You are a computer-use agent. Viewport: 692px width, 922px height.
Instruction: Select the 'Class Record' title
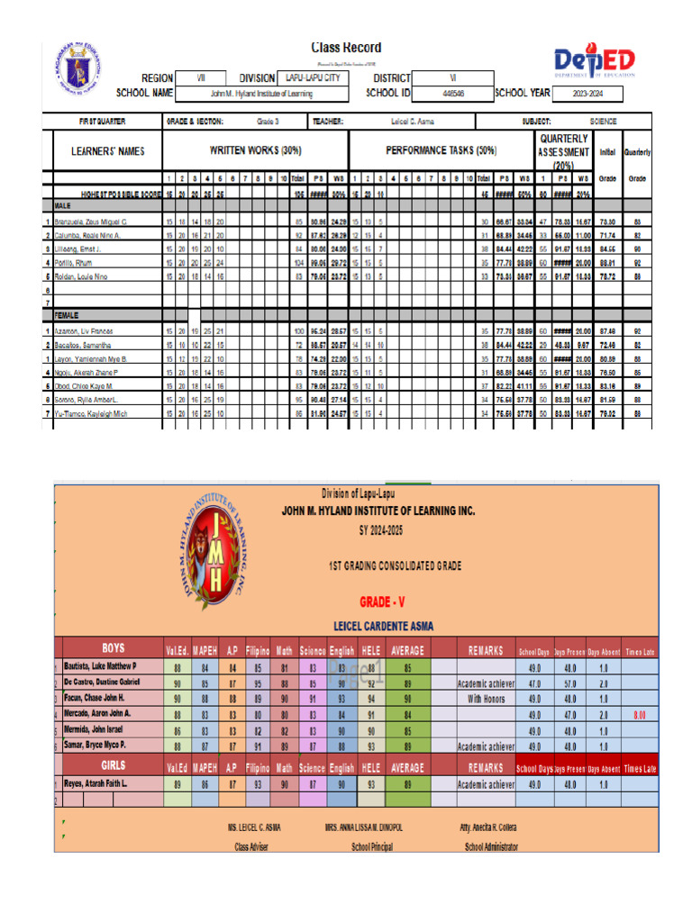click(346, 48)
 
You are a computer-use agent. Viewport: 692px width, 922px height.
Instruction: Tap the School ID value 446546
click(453, 93)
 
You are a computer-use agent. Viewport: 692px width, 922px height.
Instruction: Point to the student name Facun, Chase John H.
click(95, 698)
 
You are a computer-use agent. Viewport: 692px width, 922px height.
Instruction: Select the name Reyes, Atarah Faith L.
click(101, 784)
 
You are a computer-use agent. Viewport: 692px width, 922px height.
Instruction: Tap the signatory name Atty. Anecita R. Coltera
click(490, 827)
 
